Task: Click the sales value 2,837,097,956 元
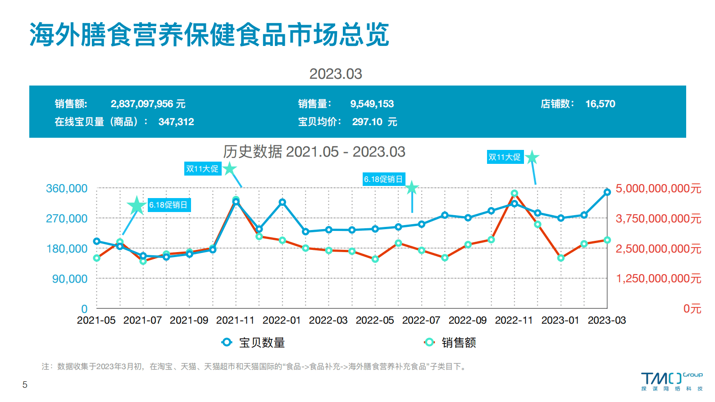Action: pyautogui.click(x=148, y=104)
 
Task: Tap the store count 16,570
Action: pyautogui.click(x=600, y=104)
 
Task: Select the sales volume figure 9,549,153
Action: pyautogui.click(x=372, y=104)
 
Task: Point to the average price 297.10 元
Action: pyautogui.click(x=374, y=122)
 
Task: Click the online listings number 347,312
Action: pyautogui.click(x=176, y=122)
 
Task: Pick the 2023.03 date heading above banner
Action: pyautogui.click(x=335, y=74)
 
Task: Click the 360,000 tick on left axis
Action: pyautogui.click(x=67, y=189)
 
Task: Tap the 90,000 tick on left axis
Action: pyautogui.click(x=70, y=279)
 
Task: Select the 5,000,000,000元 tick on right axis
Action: pyautogui.click(x=658, y=189)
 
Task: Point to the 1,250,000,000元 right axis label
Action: pyautogui.click(x=658, y=279)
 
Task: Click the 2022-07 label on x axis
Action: pyautogui.click(x=421, y=321)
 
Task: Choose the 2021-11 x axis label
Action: pyautogui.click(x=235, y=321)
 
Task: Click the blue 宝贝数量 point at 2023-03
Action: pyautogui.click(x=607, y=192)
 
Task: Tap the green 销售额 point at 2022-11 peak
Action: pyautogui.click(x=514, y=194)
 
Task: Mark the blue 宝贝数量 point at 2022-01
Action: pyautogui.click(x=282, y=202)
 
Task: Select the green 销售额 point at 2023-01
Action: pyautogui.click(x=560, y=258)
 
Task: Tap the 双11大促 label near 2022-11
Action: pyautogui.click(x=505, y=157)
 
